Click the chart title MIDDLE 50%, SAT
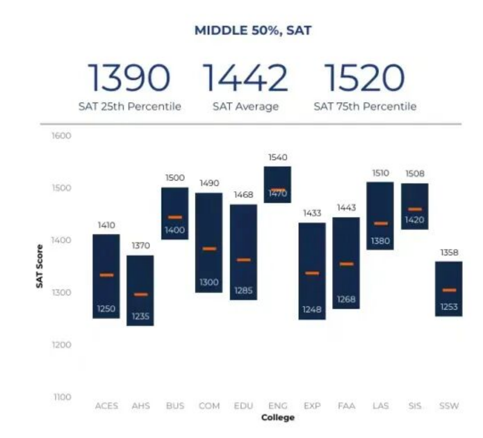252,31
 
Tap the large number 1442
246,78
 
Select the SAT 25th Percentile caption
130,107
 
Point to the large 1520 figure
364,78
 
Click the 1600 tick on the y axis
62,136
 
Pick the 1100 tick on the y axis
62,396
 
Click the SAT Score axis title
39,266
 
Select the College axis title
277,418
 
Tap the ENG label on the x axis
277,407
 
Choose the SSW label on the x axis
449,407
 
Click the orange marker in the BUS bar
175,217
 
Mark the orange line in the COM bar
209,249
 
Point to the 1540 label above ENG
277,158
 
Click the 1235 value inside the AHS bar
141,316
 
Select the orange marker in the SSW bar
449,290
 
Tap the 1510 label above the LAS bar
380,173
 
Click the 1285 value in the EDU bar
244,291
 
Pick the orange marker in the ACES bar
106,275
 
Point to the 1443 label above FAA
346,208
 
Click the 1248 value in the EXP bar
312,310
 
